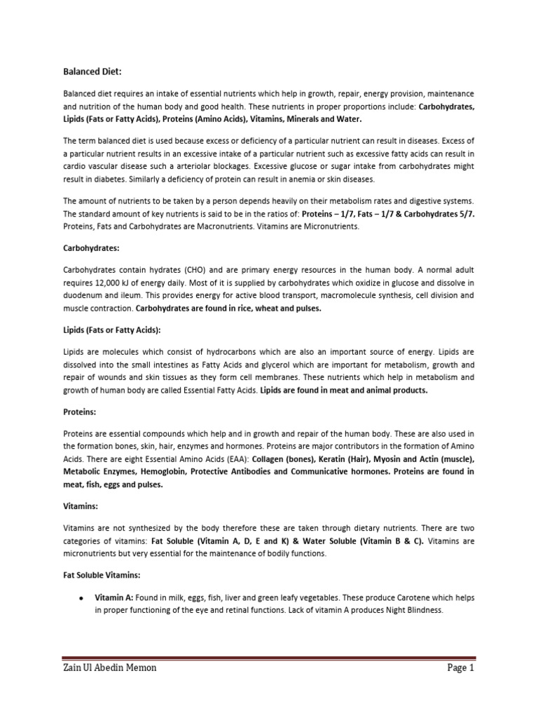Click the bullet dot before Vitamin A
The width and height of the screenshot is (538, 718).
click(x=82, y=598)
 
